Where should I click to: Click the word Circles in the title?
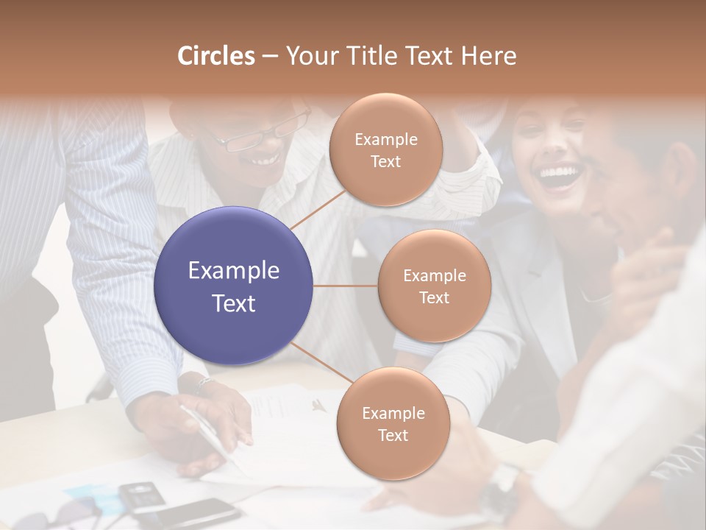pyautogui.click(x=215, y=56)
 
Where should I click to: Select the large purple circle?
pyautogui.click(x=234, y=286)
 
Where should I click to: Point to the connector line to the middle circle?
pyautogui.click(x=346, y=286)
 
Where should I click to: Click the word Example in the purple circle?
pyautogui.click(x=234, y=271)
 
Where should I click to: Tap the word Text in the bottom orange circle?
pyautogui.click(x=393, y=435)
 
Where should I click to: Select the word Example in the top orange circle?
pyautogui.click(x=385, y=139)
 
